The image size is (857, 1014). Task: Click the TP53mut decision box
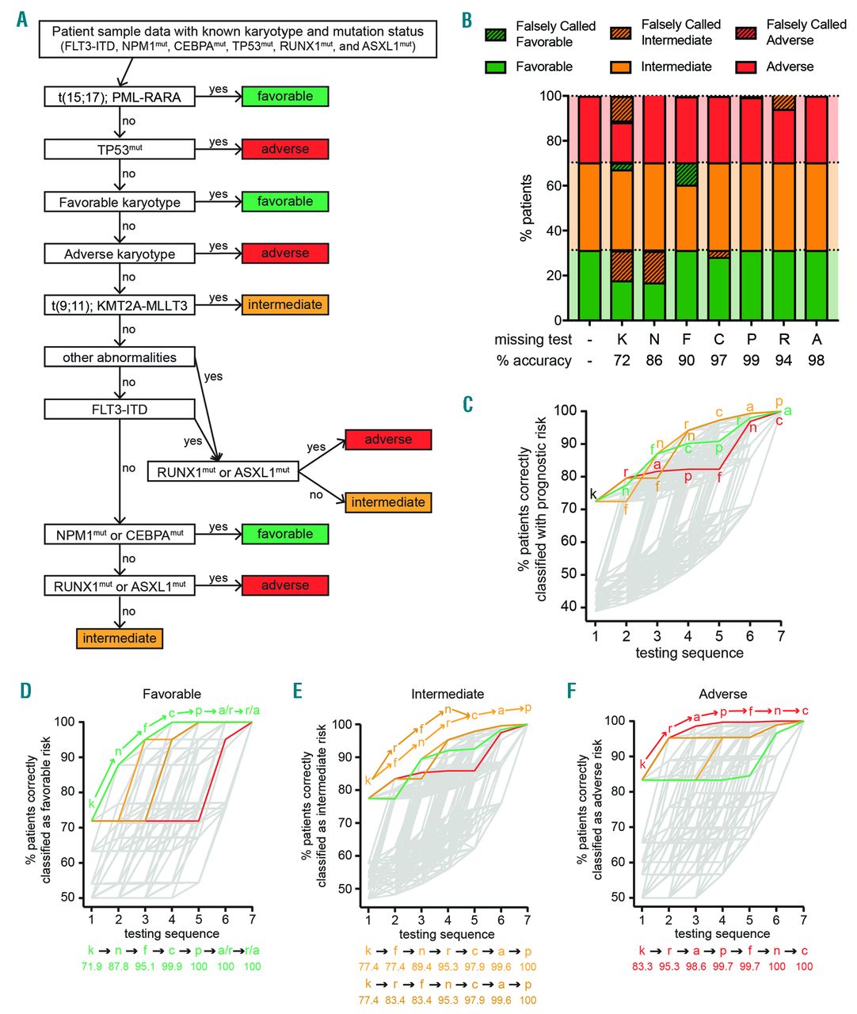pos(120,149)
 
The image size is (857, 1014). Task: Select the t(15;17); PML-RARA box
pos(120,97)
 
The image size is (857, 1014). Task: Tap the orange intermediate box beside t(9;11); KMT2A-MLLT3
pos(284,305)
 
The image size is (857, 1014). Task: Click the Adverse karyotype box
pos(120,254)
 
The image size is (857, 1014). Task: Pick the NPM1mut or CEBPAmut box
pos(120,535)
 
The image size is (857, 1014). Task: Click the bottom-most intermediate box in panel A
pos(120,639)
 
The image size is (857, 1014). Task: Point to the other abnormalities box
pos(120,357)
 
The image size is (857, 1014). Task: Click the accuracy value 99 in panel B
pos(751,360)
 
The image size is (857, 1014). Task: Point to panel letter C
pos(468,403)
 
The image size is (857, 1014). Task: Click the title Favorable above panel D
pos(172,694)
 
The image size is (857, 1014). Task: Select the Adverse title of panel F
pos(721,694)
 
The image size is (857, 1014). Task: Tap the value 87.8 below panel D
pos(119,966)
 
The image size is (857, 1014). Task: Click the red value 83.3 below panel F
pos(643,966)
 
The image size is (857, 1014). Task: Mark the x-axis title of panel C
pos(689,653)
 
